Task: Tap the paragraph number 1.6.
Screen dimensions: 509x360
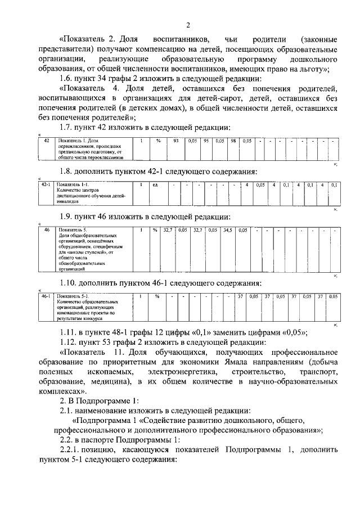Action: pyautogui.click(x=68, y=78)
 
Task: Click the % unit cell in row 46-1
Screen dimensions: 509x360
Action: pyautogui.click(x=157, y=296)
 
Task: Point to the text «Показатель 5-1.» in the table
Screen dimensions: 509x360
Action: pyautogui.click(x=74, y=296)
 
